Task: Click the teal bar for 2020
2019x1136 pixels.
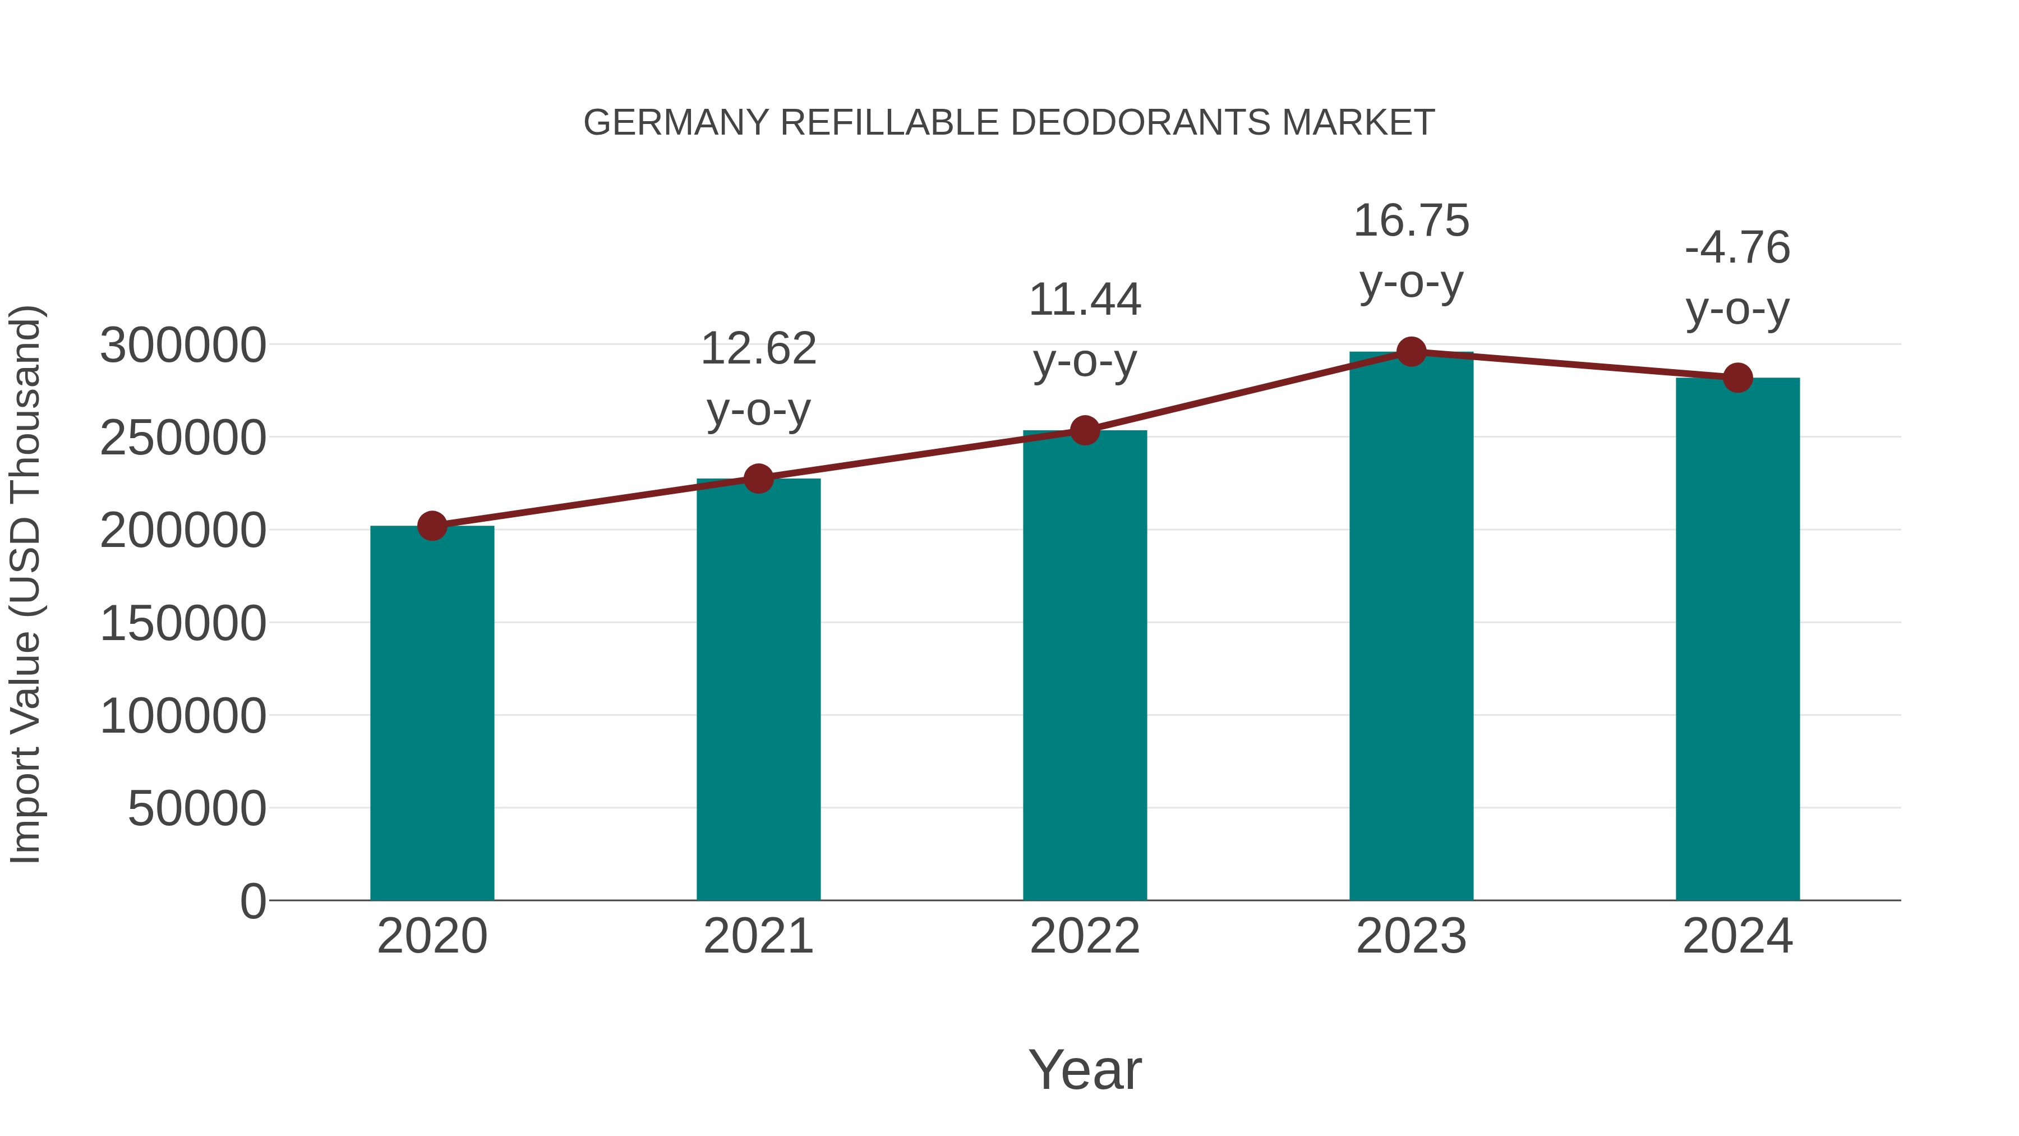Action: pyautogui.click(x=432, y=714)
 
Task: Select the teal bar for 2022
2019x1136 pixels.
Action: pyautogui.click(x=1085, y=666)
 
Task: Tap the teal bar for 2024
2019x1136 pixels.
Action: pyautogui.click(x=1737, y=639)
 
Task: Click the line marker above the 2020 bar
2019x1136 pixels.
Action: pyautogui.click(x=432, y=526)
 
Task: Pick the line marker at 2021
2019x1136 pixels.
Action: pyautogui.click(x=758, y=478)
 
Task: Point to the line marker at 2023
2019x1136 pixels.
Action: pyautogui.click(x=1411, y=352)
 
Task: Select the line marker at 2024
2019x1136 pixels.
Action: pyautogui.click(x=1737, y=378)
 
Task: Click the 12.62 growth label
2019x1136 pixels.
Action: pyautogui.click(x=758, y=349)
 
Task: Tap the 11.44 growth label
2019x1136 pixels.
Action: pyautogui.click(x=1085, y=300)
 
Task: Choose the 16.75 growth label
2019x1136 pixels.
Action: pyautogui.click(x=1411, y=221)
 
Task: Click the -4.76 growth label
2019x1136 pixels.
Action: pyautogui.click(x=1737, y=249)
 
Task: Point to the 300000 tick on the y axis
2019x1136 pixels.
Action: pyautogui.click(x=183, y=346)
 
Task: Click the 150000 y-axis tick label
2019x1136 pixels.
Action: pyautogui.click(x=183, y=624)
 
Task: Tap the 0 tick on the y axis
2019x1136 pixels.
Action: pyautogui.click(x=252, y=902)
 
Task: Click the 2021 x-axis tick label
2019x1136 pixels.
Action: pyautogui.click(x=758, y=937)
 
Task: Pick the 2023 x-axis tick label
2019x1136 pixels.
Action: pyautogui.click(x=1411, y=937)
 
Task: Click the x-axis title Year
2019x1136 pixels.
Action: pyautogui.click(x=1085, y=1070)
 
